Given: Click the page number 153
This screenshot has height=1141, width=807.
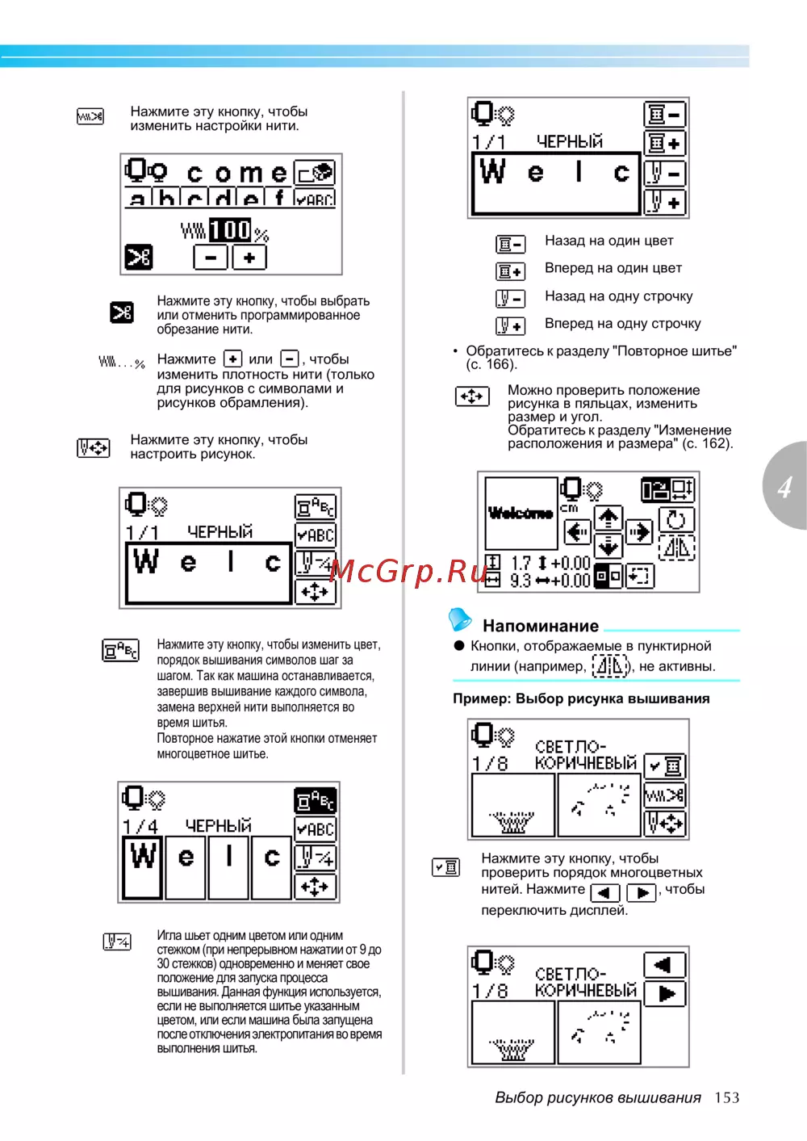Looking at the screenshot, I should coord(726,1097).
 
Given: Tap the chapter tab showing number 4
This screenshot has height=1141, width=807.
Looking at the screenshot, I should coord(784,486).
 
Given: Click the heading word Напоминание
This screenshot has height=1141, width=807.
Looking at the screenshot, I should coord(541,626).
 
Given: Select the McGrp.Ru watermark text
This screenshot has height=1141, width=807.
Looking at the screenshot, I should coord(408,571).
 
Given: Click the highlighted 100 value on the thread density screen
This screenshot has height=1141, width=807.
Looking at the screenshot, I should coord(231,230).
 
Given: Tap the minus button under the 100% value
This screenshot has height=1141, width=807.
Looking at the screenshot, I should coord(211,258).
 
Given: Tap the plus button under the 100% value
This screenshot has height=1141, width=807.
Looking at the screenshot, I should coord(249,258).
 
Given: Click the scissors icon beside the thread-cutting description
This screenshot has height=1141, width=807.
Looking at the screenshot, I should coord(122,312).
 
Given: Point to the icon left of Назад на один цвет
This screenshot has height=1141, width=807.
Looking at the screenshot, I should coord(510,243).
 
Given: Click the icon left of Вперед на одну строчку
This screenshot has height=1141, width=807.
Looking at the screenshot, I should coord(510,325).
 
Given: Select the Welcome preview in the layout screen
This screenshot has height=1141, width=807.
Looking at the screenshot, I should coord(521,513).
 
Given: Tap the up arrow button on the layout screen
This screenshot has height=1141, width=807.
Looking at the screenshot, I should coord(608,518).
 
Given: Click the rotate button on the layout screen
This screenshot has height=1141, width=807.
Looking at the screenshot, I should coord(676,519).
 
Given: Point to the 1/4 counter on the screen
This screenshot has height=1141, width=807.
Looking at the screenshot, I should coord(140,826).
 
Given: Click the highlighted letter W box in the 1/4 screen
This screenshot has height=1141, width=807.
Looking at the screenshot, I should coord(143,867).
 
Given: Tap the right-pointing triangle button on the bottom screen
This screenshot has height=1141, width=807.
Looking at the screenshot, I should coord(666,993).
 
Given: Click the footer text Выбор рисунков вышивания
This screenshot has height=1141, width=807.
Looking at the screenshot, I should coord(598,1097).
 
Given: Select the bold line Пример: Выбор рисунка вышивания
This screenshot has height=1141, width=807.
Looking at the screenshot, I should coord(581,698).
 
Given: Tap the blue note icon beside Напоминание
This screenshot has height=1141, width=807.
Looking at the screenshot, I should coord(460,619).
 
